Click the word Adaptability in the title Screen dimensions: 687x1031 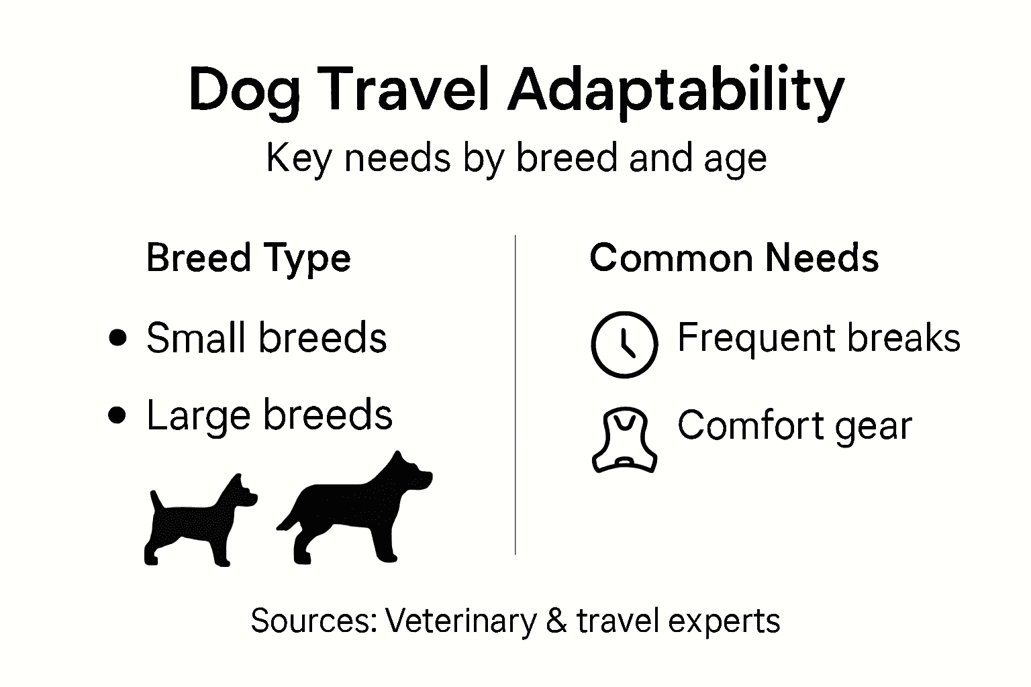coord(675,91)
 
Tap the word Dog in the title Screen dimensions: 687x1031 coord(244,91)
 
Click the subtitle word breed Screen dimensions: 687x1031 coord(566,158)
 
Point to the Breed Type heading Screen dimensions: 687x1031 coord(248,258)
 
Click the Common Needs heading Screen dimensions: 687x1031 coord(734,258)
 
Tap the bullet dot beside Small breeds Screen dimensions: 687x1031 coord(117,337)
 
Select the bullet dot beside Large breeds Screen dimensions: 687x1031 coord(117,415)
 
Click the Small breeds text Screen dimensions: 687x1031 coord(266,337)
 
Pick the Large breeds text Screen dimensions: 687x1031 coord(269,415)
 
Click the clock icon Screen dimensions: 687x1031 coord(624,344)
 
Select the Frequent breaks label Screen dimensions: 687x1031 coord(818,337)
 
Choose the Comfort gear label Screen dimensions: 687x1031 coord(794,425)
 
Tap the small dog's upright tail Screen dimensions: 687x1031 coord(156,500)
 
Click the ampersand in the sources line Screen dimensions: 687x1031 coord(556,621)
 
